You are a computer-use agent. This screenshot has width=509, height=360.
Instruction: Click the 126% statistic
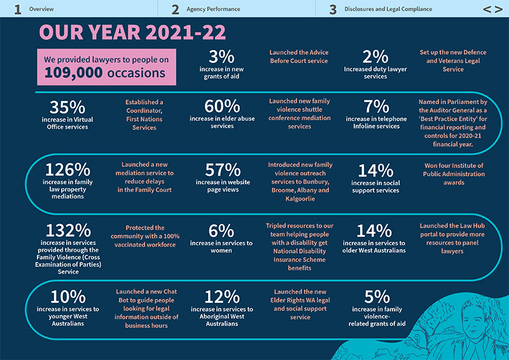pos(66,170)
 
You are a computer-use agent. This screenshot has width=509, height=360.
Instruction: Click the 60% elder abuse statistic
pos(222,106)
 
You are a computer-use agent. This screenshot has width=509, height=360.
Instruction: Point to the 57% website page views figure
pos(222,170)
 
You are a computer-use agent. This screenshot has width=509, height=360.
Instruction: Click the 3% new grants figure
pos(222,57)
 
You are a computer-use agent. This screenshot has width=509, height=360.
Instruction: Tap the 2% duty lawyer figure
pos(375,57)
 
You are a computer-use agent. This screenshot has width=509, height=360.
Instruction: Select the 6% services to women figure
pos(222,231)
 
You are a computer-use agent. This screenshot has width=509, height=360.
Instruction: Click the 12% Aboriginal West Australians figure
pos(222,297)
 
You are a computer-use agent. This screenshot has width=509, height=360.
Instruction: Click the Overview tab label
pos(41,10)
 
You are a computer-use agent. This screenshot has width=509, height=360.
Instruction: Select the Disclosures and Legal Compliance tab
pos(388,10)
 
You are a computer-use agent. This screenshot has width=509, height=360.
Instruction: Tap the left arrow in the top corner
pos(486,10)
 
